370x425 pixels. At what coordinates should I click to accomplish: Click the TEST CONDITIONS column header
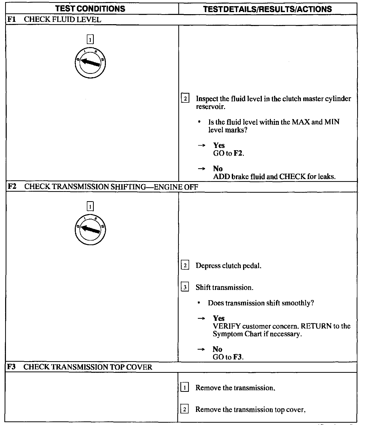[x=90, y=9]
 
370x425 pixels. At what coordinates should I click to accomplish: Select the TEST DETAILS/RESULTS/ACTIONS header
[x=267, y=9]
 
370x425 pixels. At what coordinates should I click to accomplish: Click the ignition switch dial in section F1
[x=90, y=63]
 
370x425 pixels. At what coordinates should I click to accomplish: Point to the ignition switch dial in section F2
[x=90, y=229]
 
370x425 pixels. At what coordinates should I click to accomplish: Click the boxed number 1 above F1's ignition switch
[x=90, y=40]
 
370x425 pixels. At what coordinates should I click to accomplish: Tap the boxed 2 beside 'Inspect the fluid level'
[x=185, y=99]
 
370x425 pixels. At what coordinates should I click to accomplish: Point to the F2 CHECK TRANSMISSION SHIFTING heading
[x=103, y=187]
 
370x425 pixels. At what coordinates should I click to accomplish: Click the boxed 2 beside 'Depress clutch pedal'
[x=185, y=265]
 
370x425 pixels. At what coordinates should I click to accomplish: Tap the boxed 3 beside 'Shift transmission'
[x=185, y=287]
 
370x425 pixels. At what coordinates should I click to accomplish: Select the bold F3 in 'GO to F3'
[x=238, y=357]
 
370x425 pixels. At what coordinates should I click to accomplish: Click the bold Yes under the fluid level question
[x=219, y=146]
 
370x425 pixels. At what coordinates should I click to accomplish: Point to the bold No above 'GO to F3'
[x=217, y=349]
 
